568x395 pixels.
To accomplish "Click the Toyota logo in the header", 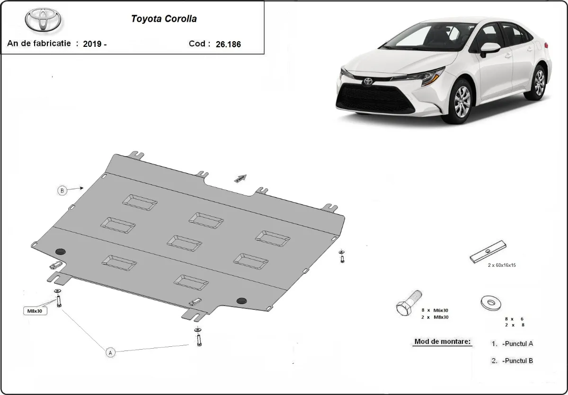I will [43, 20].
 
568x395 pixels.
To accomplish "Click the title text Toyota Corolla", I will [164, 19].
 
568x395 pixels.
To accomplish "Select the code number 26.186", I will [228, 44].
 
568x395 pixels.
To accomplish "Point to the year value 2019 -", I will [95, 44].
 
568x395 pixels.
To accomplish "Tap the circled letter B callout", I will [62, 191].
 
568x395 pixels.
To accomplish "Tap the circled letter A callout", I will [110, 352].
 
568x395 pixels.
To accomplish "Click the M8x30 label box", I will [35, 311].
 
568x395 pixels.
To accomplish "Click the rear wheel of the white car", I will [539, 82].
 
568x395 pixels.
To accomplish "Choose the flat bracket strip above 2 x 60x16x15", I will [488, 252].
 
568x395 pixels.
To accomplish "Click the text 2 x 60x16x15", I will [502, 265].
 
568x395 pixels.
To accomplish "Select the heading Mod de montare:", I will [443, 342].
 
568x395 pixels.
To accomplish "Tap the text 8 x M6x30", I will [435, 310].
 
